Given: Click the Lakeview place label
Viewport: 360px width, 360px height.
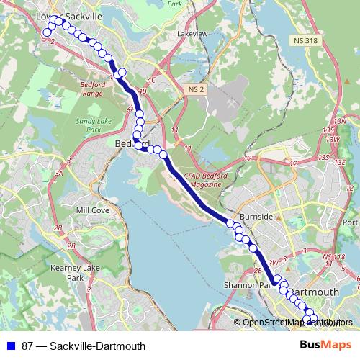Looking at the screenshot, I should point(192,33).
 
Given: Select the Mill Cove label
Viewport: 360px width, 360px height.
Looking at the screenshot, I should point(92,210).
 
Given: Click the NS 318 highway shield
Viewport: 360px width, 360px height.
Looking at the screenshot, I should point(305,40).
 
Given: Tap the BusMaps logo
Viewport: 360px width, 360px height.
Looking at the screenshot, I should point(325,346).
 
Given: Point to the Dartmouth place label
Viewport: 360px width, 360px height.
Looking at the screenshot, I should point(317,292).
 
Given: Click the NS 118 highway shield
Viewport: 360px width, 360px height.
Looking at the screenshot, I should point(335,257).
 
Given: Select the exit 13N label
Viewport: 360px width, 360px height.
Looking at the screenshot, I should point(340,120).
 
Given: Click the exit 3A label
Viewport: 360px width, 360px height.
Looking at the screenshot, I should point(60,173).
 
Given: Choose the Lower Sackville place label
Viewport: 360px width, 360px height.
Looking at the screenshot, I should point(70,15).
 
